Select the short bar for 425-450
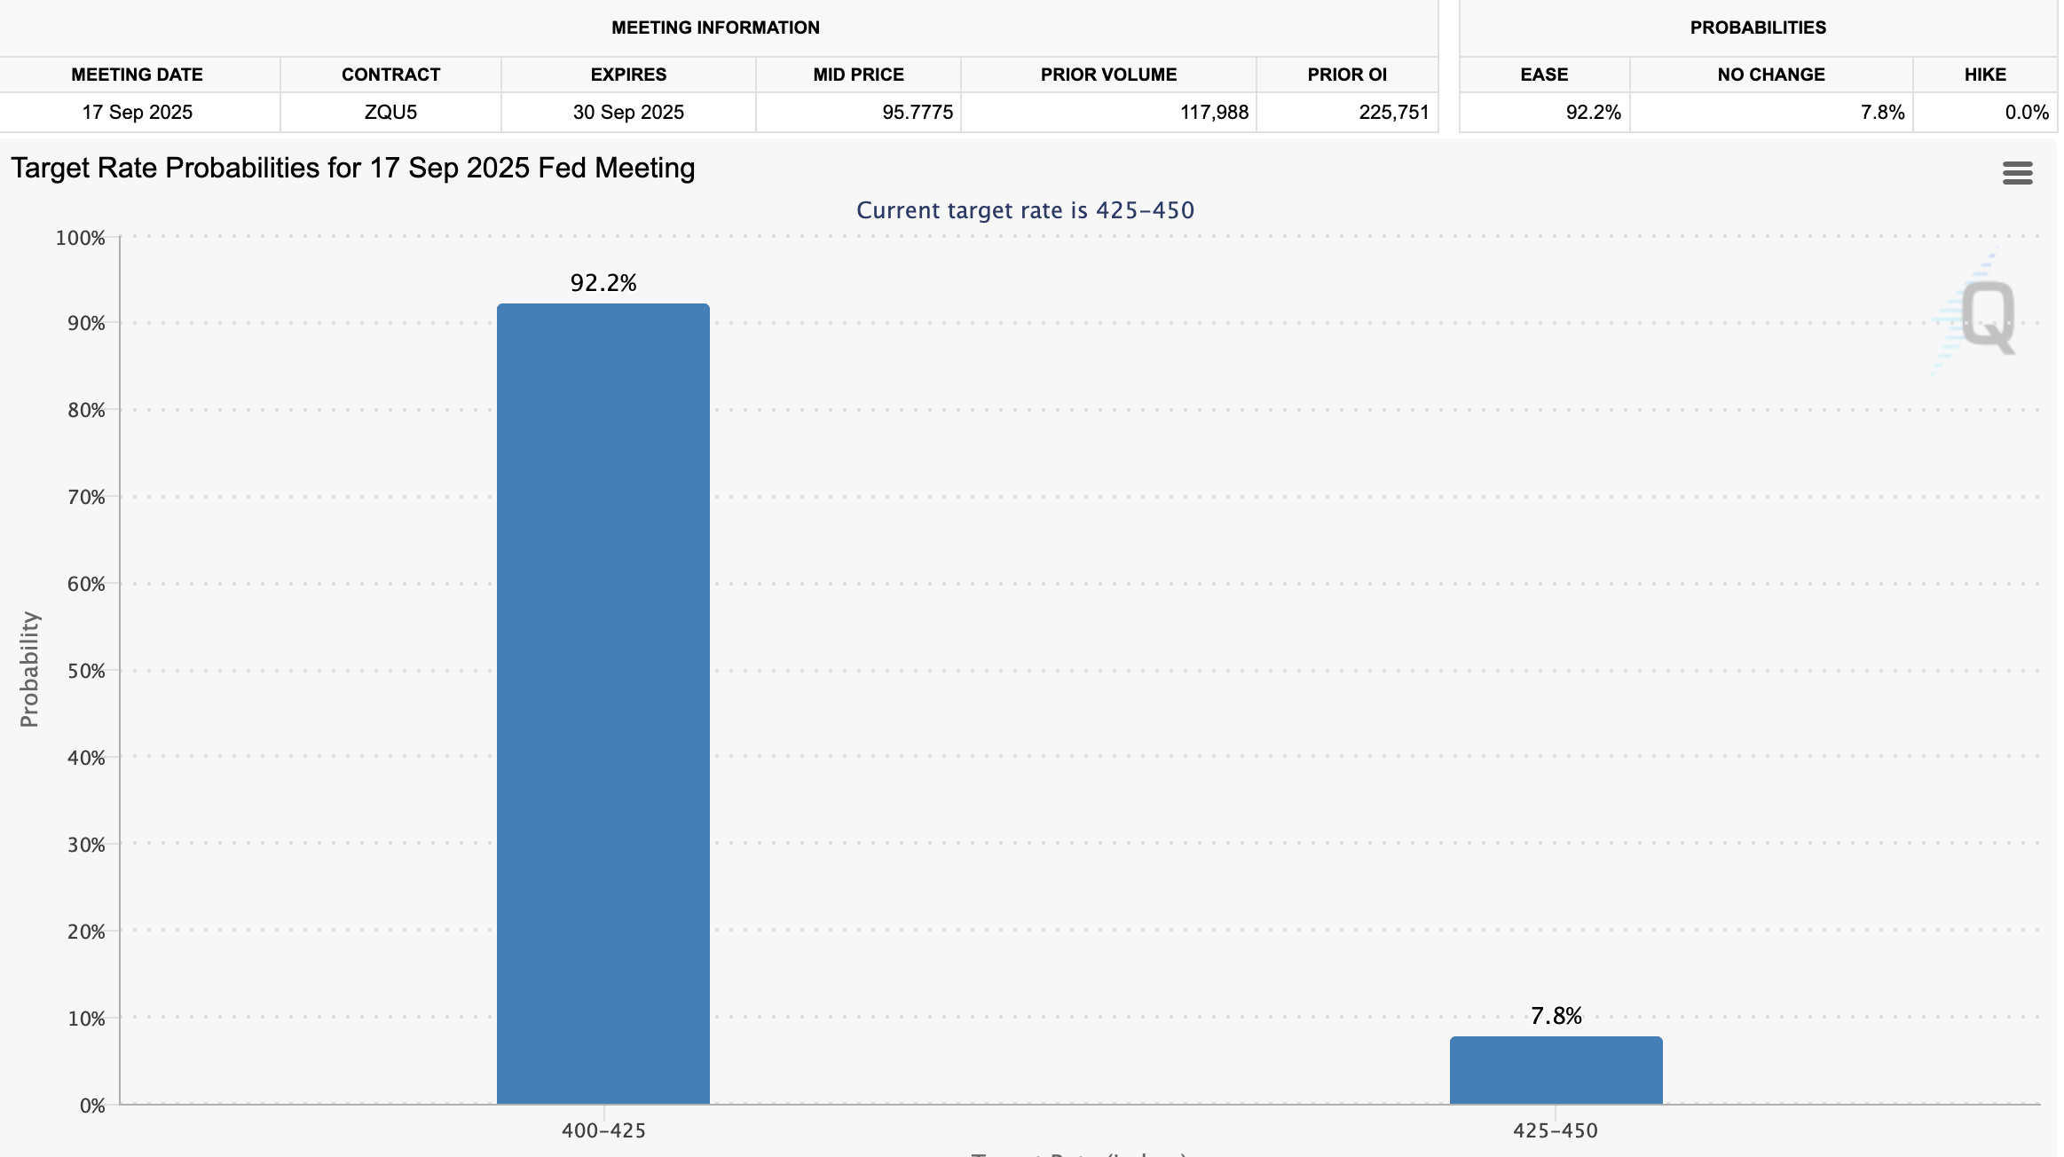tap(1556, 1070)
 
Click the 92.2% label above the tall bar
tap(603, 283)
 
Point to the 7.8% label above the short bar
tap(1556, 1016)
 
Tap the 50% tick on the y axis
tap(86, 671)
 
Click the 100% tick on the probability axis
tap(80, 238)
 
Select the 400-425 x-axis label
tap(603, 1130)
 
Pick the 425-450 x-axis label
tap(1555, 1130)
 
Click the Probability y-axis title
tap(29, 669)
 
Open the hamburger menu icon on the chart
tap(2017, 173)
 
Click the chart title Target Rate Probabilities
tap(352, 168)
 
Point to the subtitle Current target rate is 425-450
tap(1025, 210)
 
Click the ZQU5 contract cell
tap(390, 113)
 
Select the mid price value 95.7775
tap(917, 113)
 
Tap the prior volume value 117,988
tap(1213, 113)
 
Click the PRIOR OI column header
tap(1346, 75)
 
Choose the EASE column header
tap(1543, 75)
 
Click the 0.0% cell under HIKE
tap(2026, 113)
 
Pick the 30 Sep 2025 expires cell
tap(628, 113)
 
